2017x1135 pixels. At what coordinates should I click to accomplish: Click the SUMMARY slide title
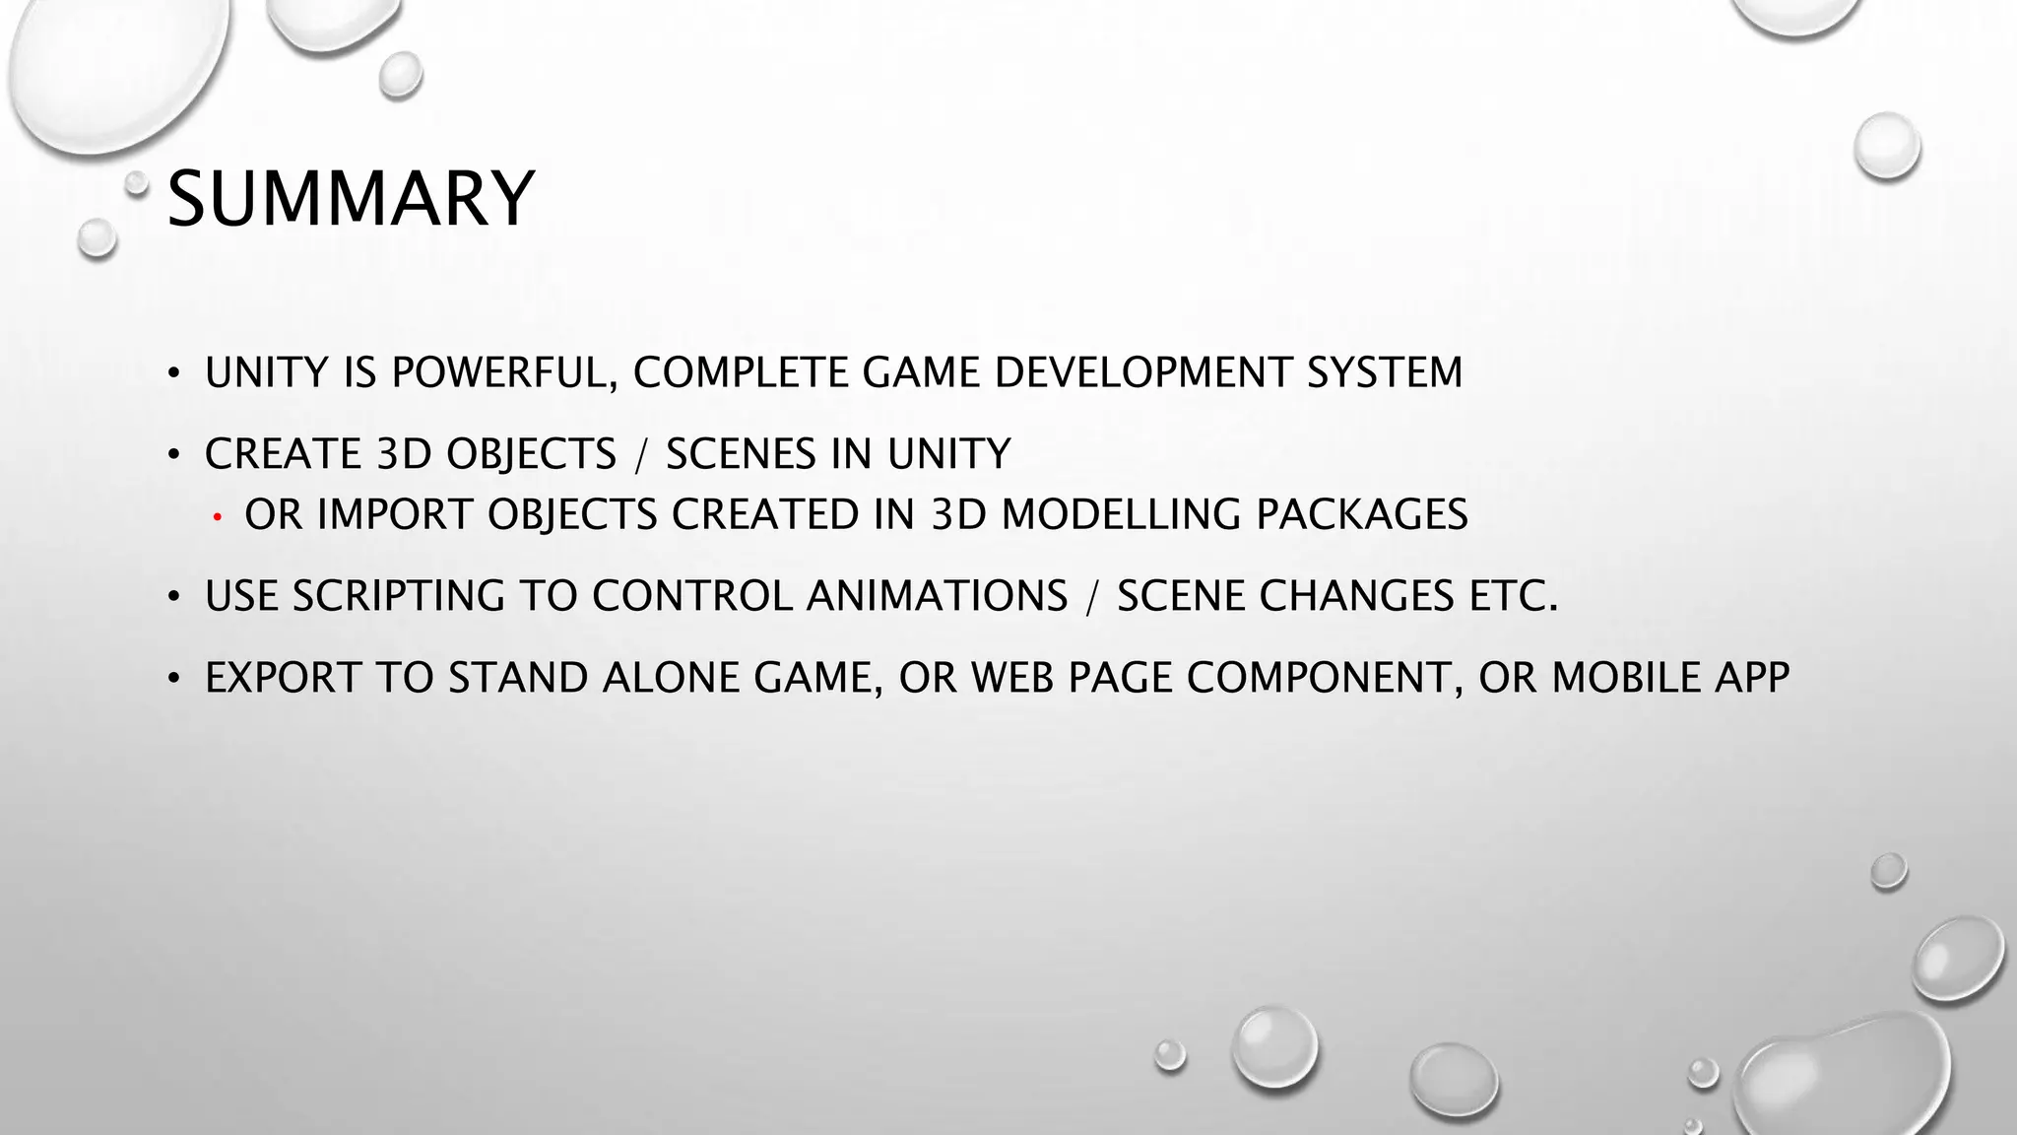pos(351,199)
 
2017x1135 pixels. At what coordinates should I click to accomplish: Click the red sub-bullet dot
pos(217,516)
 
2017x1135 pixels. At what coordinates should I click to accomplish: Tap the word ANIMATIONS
pos(937,596)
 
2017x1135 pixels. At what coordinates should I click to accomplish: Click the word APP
pos(1751,678)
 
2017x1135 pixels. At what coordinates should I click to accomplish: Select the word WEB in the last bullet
pos(1013,678)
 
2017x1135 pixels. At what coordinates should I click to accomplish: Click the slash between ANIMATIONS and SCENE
pos(1092,596)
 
